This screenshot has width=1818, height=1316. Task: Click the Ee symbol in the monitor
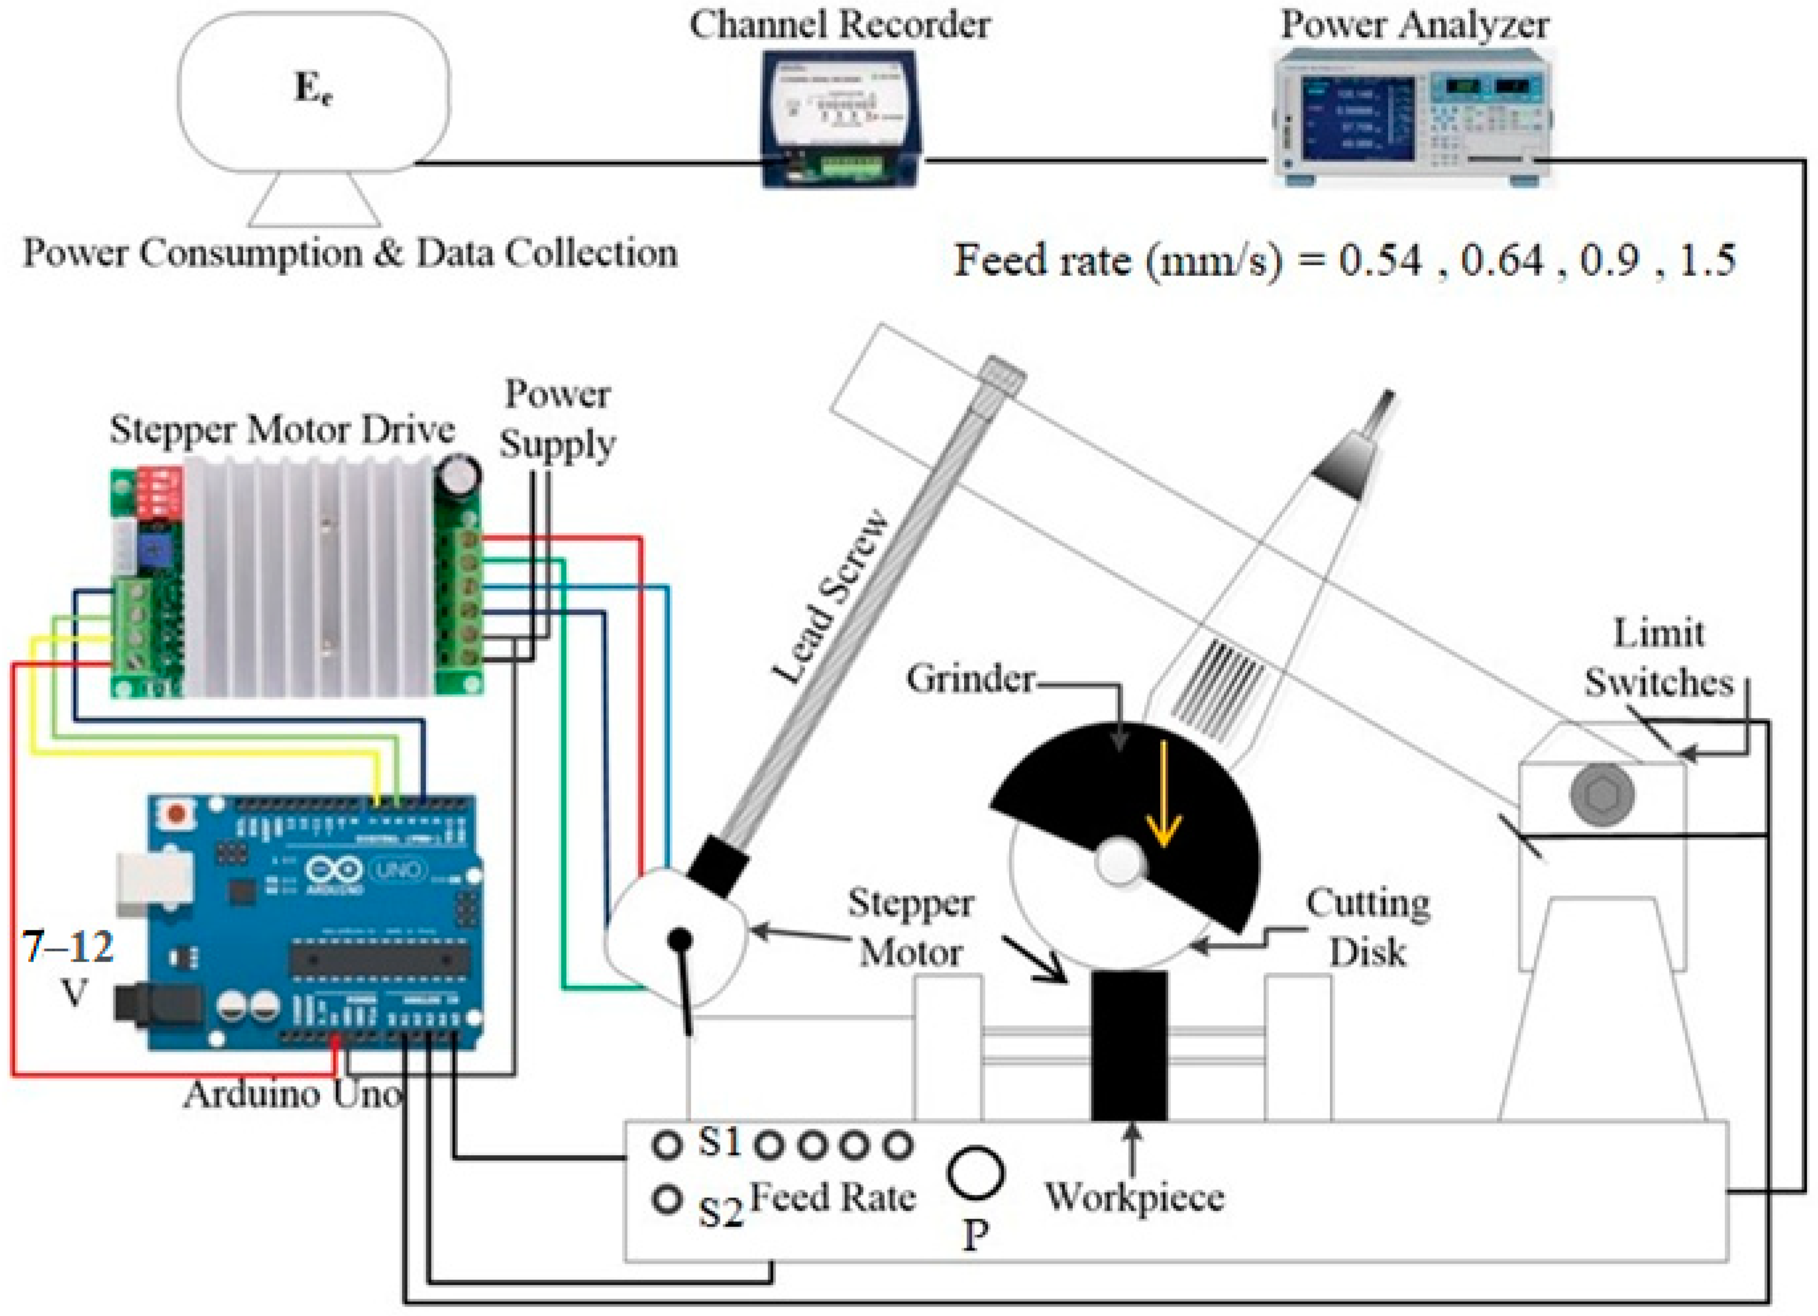[x=313, y=90]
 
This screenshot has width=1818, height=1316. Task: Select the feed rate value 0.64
[x=1502, y=261]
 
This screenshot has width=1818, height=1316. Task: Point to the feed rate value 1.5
[x=1707, y=261]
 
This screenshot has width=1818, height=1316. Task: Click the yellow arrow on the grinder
[x=1162, y=794]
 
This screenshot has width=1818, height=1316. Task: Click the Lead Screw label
[x=831, y=597]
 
